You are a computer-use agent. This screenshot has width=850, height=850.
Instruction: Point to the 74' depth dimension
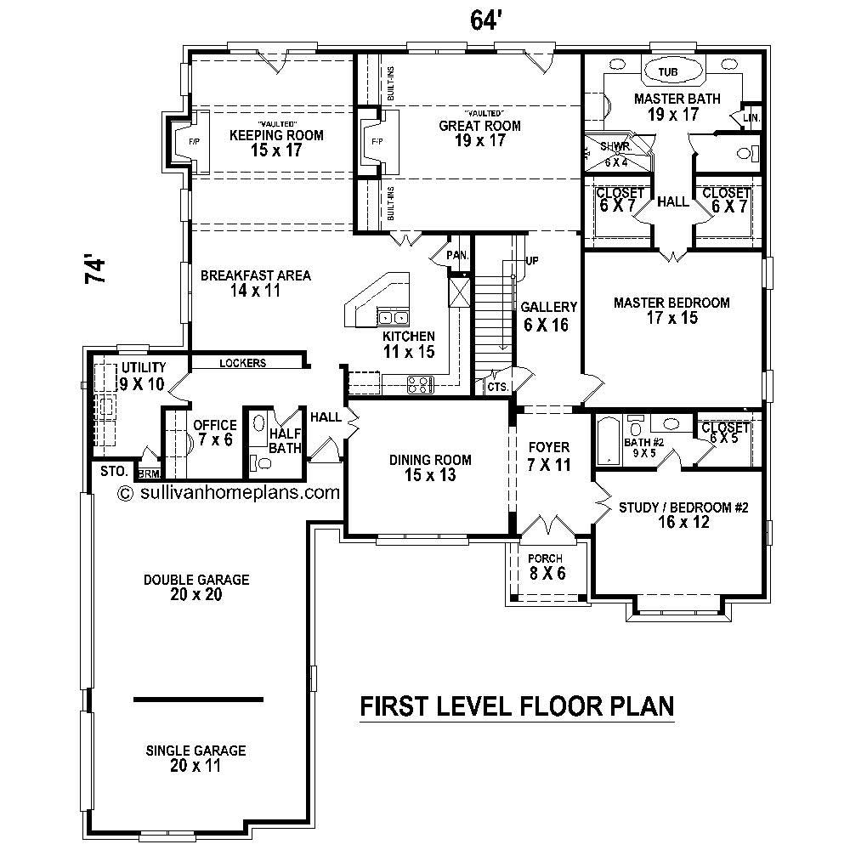point(95,269)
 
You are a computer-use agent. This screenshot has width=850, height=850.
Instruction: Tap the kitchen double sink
point(393,318)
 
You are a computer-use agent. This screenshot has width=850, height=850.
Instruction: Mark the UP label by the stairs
point(532,260)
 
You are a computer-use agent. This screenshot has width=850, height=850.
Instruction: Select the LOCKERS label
point(242,363)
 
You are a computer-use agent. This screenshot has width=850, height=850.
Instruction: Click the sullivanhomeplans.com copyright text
point(229,491)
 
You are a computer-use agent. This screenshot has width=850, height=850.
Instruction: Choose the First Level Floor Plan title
point(517,706)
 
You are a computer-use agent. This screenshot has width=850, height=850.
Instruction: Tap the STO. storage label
point(113,471)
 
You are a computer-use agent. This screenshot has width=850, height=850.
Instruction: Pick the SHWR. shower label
point(614,146)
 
